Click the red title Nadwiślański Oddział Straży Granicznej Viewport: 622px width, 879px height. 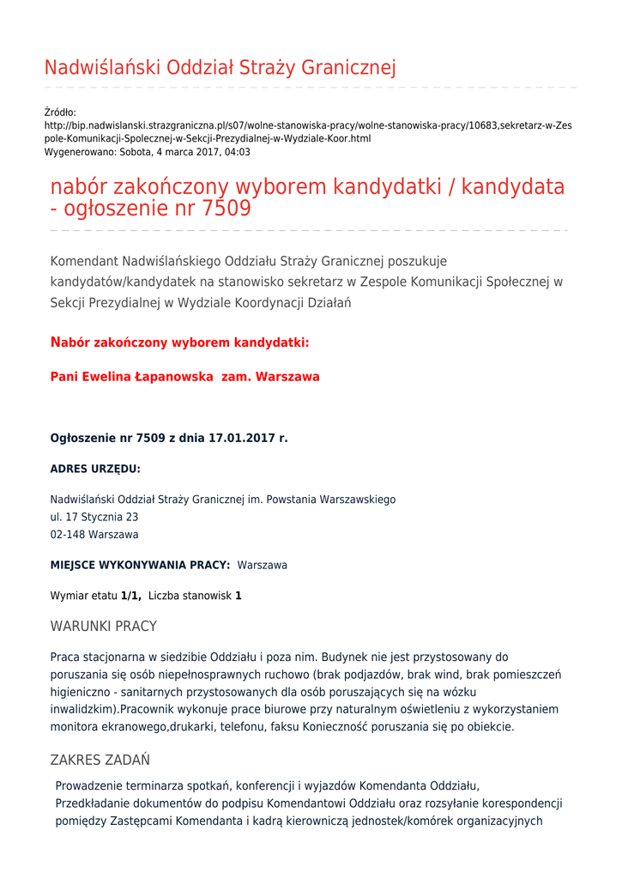(x=220, y=68)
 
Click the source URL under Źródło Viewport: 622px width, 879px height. (x=308, y=131)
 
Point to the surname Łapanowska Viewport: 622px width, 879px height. (x=174, y=377)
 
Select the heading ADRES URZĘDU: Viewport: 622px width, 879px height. (x=95, y=470)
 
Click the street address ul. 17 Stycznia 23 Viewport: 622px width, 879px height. (x=94, y=518)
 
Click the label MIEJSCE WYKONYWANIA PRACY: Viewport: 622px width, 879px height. (x=140, y=566)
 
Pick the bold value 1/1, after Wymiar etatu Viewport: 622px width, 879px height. (x=131, y=596)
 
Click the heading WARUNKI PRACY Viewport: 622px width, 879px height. (x=104, y=627)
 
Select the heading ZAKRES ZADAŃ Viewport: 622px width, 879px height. (x=100, y=760)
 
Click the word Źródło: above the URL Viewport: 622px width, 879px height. (x=60, y=112)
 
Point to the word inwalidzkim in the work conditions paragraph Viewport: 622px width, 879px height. (x=82, y=710)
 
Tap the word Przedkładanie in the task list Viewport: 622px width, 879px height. (x=92, y=803)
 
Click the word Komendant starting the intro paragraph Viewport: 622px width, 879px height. (x=85, y=261)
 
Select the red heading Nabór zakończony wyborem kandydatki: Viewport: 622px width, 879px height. (x=179, y=343)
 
